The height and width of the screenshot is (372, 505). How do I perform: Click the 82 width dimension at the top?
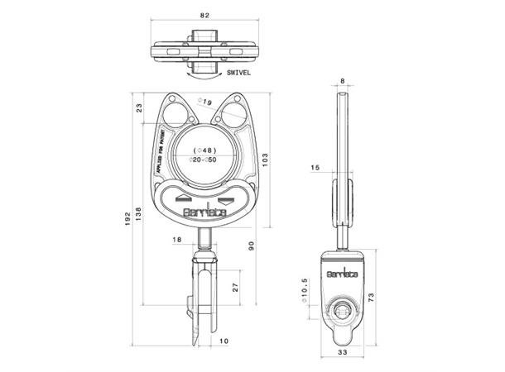point(204,15)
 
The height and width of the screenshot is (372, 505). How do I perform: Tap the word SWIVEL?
point(238,73)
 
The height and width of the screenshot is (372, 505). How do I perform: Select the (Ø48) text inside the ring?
point(204,150)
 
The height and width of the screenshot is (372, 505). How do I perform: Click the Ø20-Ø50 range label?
point(204,160)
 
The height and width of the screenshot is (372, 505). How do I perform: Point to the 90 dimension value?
point(251,245)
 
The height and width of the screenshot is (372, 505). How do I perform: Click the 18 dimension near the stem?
point(176,240)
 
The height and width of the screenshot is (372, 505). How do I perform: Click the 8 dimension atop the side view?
point(343,80)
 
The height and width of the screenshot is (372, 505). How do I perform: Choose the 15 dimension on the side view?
point(315,168)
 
